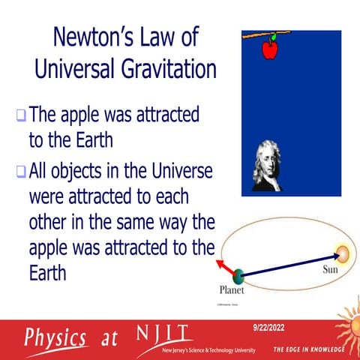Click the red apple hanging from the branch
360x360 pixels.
tap(270, 49)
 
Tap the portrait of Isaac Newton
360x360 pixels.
tap(265, 166)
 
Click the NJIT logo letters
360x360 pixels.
tap(162, 332)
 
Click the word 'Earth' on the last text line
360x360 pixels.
tap(46, 271)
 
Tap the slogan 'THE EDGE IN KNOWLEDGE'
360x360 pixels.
tap(308, 349)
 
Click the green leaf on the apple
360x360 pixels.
tap(274, 37)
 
